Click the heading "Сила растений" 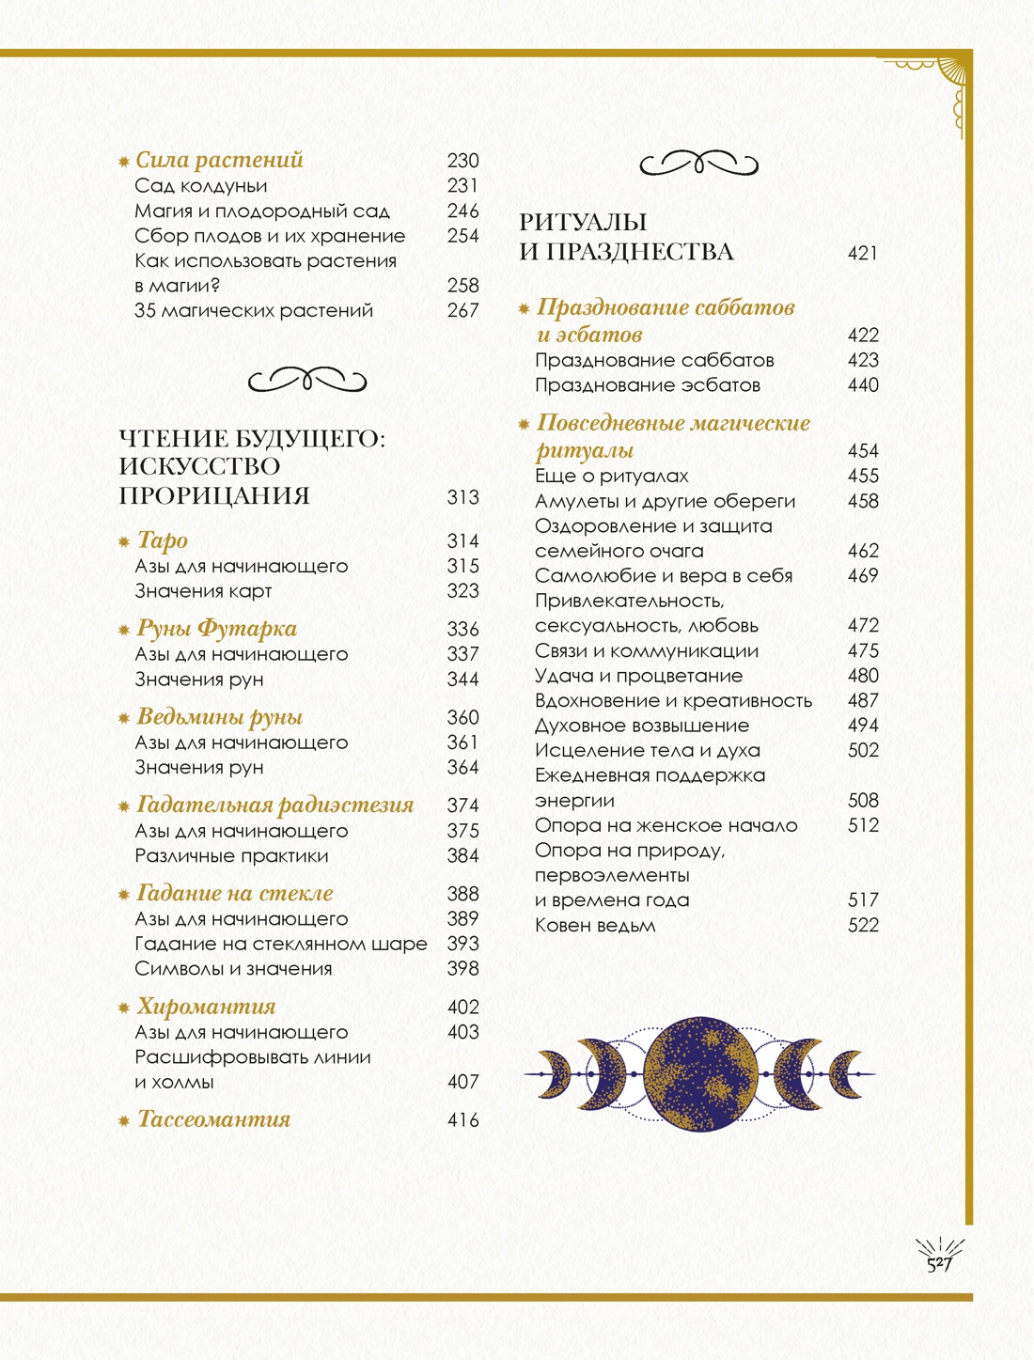(x=219, y=161)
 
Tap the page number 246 (x=462, y=211)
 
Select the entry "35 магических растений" (x=254, y=311)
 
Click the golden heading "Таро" (x=163, y=540)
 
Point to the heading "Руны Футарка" (x=217, y=629)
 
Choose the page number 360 (x=462, y=718)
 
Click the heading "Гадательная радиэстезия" (x=275, y=805)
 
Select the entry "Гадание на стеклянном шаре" (x=281, y=944)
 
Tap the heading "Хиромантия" (x=207, y=1007)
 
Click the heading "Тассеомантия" (x=214, y=1119)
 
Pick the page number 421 (x=862, y=254)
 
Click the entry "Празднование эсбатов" (x=648, y=385)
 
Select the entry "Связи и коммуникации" (x=647, y=651)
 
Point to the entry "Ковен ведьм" (x=595, y=926)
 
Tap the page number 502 (x=863, y=751)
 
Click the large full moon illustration (x=700, y=1074)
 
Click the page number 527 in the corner (x=940, y=1264)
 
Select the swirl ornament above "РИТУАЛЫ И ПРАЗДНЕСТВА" (x=698, y=164)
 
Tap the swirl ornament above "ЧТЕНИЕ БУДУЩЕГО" (x=307, y=381)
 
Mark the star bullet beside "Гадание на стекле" (x=123, y=894)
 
